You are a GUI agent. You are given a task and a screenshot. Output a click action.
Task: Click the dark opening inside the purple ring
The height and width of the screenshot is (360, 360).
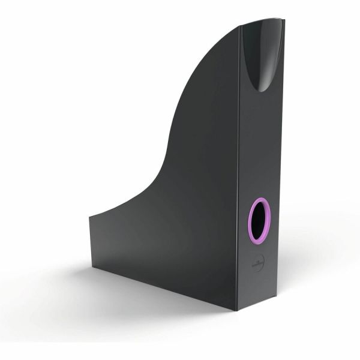point(259,221)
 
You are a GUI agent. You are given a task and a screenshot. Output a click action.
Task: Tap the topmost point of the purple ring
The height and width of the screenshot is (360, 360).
point(260,198)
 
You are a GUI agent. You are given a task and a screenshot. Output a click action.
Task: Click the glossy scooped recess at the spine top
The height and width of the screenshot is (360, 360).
point(263,51)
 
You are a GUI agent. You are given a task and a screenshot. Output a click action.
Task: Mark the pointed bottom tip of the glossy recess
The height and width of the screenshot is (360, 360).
point(262,91)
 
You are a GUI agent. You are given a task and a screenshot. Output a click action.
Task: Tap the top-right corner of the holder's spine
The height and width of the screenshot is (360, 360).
point(284,19)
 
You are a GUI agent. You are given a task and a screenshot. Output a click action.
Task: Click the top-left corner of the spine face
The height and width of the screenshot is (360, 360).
point(241,26)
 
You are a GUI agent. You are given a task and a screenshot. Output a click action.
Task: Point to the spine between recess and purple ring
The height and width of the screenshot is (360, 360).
point(262,144)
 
